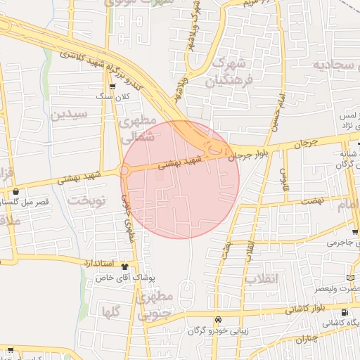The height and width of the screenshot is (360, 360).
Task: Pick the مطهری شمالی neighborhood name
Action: click(x=137, y=130)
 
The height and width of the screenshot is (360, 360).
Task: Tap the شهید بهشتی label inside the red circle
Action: click(x=181, y=164)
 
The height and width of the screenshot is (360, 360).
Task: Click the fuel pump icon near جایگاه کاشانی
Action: click(x=343, y=313)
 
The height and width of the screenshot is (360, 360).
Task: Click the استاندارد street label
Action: click(x=94, y=261)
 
